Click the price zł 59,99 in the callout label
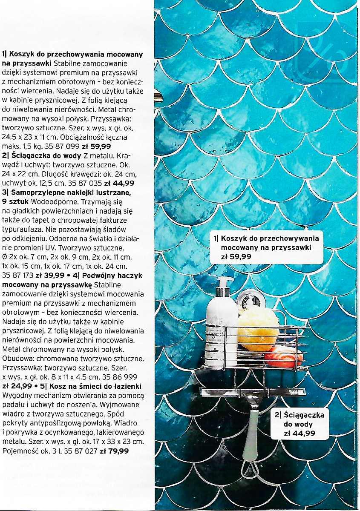(x=236, y=257)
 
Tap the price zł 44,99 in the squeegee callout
(x=300, y=433)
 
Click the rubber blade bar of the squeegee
(x=253, y=391)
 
